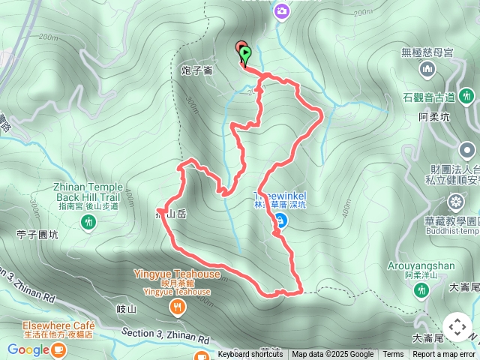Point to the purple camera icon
click(282, 10)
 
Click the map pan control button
click(457, 328)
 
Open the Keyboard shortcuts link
click(250, 355)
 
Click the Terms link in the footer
click(393, 355)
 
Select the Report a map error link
click(444, 355)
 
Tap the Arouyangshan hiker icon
click(420, 289)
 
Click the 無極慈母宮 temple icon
click(427, 70)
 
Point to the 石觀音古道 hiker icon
click(466, 96)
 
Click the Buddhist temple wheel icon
click(456, 202)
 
